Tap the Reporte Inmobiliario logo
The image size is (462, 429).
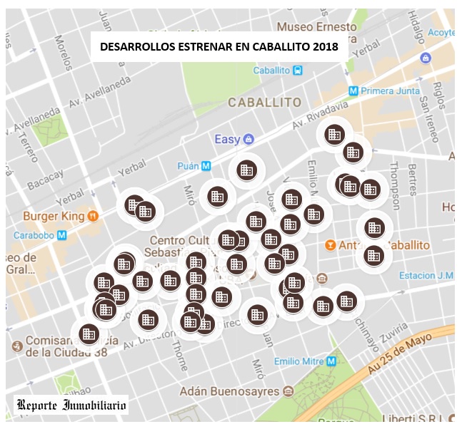71,406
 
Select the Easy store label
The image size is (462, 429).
228,139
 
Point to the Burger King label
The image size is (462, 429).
54,215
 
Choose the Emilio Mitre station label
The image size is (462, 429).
297,361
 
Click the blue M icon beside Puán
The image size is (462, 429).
206,166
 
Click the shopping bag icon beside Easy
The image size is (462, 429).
248,139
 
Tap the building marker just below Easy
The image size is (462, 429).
246,170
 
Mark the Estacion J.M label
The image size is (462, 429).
426,276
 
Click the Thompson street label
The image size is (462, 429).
395,175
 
